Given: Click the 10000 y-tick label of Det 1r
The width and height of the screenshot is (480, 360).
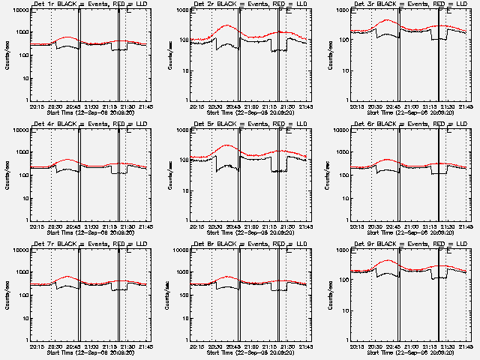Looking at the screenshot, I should (x=19, y=10).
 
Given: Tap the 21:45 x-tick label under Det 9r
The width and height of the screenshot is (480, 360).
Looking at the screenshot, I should (x=466, y=345).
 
